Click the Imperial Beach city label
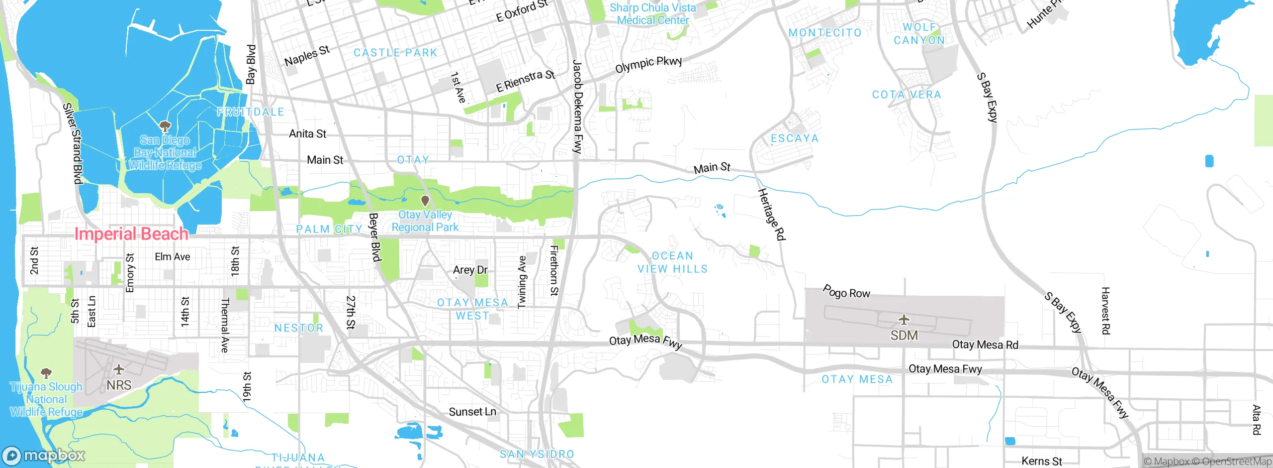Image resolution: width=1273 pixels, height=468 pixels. click(131, 234)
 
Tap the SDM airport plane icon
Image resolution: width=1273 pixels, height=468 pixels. click(904, 320)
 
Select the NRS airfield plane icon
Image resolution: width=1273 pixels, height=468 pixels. click(118, 369)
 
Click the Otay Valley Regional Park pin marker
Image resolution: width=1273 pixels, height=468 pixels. click(425, 201)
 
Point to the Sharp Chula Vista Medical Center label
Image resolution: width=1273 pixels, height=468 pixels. click(652, 14)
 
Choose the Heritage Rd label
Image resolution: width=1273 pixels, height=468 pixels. click(771, 215)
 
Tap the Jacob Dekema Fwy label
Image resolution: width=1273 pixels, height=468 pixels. click(577, 107)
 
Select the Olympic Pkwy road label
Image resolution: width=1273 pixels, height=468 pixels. click(648, 64)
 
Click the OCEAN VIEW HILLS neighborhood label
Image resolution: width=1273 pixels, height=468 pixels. click(672, 262)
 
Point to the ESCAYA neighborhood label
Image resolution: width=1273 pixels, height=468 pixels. click(794, 138)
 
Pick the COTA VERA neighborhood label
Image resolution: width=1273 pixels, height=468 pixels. click(906, 95)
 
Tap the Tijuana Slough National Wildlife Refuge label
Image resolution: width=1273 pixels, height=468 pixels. click(46, 399)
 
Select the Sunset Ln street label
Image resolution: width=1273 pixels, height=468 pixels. click(472, 412)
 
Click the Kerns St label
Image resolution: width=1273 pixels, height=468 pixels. click(1041, 462)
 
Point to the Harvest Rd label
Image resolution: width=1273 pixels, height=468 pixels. click(1105, 311)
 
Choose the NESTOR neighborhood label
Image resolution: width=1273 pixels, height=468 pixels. click(299, 328)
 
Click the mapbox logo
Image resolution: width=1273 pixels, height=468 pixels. click(44, 455)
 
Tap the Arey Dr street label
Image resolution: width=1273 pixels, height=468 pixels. click(470, 270)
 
